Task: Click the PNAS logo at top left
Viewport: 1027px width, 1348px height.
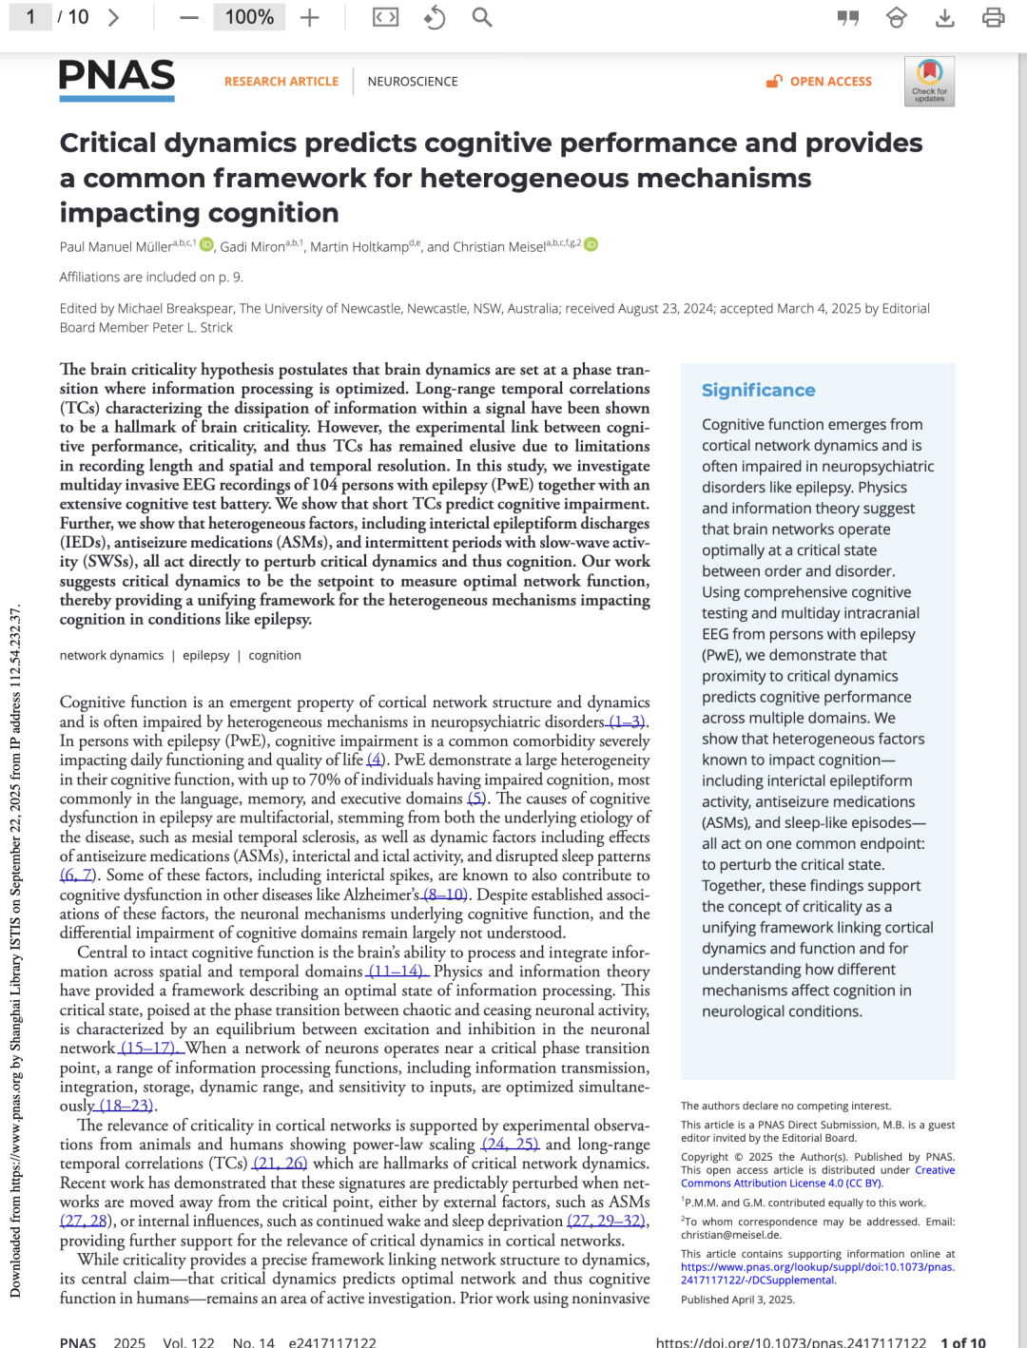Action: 117,78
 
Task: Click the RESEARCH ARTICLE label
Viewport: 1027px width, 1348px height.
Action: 281,82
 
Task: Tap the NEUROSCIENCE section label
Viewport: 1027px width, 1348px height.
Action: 413,82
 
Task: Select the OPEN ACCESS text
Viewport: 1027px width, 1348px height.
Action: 830,82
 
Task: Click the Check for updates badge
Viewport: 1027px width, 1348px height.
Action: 929,82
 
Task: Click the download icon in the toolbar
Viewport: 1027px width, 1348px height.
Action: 944,18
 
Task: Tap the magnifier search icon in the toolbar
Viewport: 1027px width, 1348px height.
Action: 482,18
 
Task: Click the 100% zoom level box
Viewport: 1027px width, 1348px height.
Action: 249,17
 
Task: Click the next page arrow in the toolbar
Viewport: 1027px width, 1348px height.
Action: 114,18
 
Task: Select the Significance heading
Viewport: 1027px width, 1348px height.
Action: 758,390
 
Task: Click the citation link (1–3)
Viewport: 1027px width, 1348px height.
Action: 628,722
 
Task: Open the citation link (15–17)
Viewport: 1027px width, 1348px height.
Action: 150,1048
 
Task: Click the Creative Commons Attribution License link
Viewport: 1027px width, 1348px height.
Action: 782,1183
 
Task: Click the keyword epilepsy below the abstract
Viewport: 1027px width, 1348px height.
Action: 206,655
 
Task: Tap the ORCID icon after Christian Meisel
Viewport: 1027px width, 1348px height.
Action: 591,245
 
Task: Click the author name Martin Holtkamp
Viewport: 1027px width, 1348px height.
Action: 358,247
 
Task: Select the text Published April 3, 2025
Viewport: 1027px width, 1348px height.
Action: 737,1300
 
